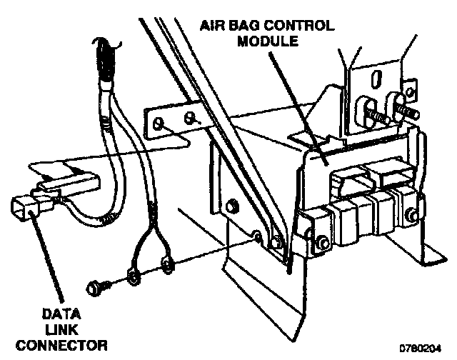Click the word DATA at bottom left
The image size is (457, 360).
click(61, 313)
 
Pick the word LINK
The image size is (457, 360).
click(61, 329)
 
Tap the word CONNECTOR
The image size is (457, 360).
click(61, 345)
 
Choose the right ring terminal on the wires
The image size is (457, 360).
click(166, 266)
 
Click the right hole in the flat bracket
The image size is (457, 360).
click(189, 116)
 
